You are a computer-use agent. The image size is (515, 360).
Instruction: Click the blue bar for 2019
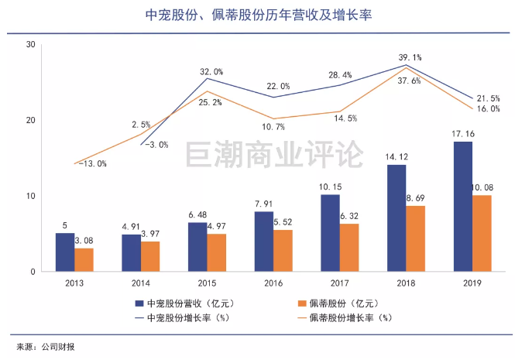coord(463,207)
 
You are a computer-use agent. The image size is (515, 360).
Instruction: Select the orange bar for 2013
coord(84,260)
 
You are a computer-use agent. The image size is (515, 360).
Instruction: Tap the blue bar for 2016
coord(264,242)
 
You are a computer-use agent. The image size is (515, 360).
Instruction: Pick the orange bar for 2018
coord(415,238)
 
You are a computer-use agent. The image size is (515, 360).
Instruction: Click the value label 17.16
coord(463,134)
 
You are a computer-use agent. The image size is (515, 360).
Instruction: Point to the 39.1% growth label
coord(410,57)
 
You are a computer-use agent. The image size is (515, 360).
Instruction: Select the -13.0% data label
coord(93,163)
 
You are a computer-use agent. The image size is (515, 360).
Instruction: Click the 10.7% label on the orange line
coord(273,127)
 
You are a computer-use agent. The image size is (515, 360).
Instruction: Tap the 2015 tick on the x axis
coord(207,283)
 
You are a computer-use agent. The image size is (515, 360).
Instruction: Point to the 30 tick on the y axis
coord(30,44)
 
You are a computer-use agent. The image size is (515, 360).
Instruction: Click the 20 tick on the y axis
coord(30,120)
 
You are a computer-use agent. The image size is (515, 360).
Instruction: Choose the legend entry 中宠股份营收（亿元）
coord(185,303)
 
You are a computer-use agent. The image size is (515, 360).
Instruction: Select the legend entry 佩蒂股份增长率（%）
coord(345,318)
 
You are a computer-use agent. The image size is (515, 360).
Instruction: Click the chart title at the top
coord(259,15)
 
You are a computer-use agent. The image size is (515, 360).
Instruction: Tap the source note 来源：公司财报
coord(46,347)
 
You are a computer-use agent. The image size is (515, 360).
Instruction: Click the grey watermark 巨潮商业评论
coord(274,154)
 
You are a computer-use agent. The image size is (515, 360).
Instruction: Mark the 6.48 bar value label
coord(197,214)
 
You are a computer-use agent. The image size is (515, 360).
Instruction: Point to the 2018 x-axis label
coord(406,283)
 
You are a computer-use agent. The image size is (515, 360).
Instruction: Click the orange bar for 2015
coord(216,252)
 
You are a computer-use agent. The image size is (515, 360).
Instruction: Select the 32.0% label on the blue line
coord(211,71)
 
